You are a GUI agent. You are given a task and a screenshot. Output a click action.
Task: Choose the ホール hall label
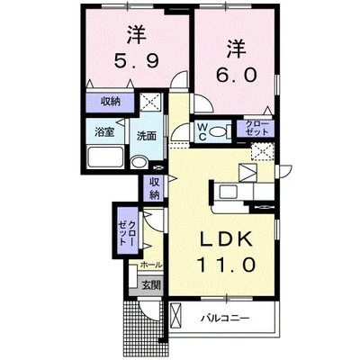click(150, 265)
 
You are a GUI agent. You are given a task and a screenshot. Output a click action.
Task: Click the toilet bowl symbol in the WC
click(225, 131)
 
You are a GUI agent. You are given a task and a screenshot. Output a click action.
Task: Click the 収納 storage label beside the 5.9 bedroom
click(111, 103)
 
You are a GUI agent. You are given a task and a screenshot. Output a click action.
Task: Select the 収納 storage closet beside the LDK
click(154, 189)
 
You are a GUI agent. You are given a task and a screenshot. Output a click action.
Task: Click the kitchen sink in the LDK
click(226, 191)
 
